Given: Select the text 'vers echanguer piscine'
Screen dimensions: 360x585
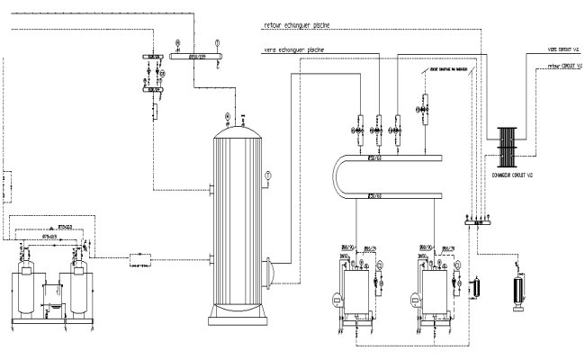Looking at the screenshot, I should (294, 49).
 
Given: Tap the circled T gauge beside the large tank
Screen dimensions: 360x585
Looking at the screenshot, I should (267, 175).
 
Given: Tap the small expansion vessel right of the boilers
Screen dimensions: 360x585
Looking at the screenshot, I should (477, 285).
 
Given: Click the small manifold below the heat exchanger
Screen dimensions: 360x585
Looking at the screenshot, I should (474, 217).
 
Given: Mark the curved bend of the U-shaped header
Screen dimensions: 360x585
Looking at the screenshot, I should (335, 176).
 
